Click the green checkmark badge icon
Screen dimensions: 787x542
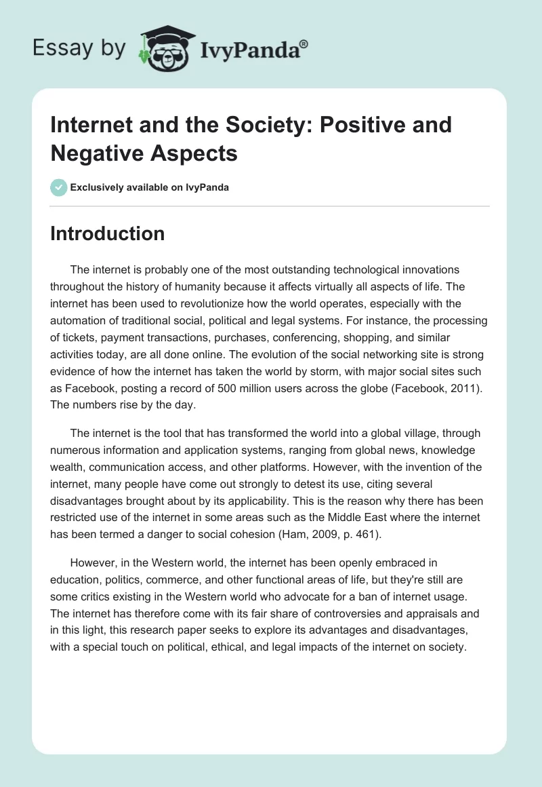(59, 187)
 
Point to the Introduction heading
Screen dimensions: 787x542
(108, 233)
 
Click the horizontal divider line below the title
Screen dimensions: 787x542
(270, 206)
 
